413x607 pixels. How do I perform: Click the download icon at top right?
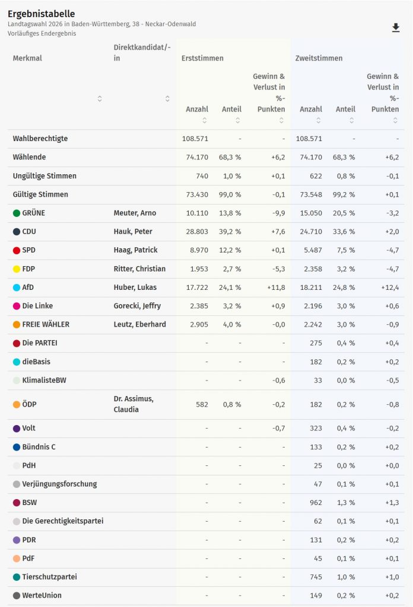click(396, 28)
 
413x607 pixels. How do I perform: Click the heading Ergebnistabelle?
click(42, 13)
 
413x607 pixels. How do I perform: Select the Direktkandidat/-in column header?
click(142, 53)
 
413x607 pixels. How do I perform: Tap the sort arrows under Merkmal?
click(100, 98)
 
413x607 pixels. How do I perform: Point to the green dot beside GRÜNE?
click(17, 213)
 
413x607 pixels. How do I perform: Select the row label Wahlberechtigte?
click(40, 139)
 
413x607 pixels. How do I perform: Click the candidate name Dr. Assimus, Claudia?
click(134, 404)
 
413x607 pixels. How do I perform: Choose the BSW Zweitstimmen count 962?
click(314, 503)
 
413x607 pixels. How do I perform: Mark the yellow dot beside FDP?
click(17, 269)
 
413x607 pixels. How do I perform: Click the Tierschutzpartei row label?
click(49, 577)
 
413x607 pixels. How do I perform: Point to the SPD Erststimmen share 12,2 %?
click(231, 250)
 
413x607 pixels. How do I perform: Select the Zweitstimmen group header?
click(319, 58)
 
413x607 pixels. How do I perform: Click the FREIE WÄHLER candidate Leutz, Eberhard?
click(139, 324)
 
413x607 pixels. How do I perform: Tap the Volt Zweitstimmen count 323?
click(314, 428)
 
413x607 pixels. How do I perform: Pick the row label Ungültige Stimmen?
click(45, 176)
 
